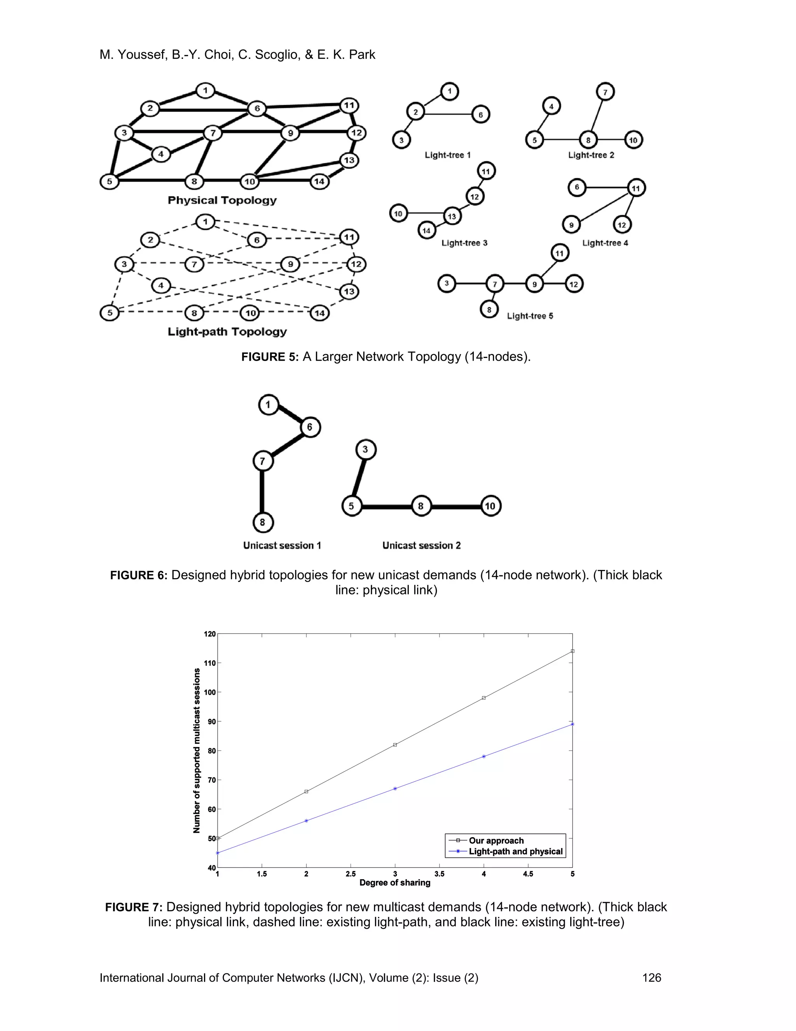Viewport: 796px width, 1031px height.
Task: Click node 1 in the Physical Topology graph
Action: pos(205,90)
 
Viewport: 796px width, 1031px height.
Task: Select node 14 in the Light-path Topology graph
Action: pos(320,312)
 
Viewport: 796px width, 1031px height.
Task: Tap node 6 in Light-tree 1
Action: pos(480,114)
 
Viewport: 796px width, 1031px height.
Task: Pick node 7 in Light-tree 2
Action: pos(605,91)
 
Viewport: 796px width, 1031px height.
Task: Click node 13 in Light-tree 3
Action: pos(452,216)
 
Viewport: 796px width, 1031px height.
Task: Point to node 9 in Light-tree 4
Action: pos(571,225)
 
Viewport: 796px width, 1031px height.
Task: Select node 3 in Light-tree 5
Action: pos(447,284)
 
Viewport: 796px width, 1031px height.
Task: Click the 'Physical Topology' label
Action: pos(222,200)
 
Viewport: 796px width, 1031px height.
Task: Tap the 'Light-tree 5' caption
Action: pos(530,316)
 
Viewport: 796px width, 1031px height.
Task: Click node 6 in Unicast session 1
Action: pos(310,427)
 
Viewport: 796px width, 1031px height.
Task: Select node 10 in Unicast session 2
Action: pos(491,506)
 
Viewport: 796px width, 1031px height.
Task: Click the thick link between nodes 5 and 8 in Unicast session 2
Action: pos(386,507)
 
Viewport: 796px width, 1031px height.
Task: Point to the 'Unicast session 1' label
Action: pos(282,545)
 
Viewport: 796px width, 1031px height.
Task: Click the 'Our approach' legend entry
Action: pos(496,840)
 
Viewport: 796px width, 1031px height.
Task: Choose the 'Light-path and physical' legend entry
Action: pos(515,851)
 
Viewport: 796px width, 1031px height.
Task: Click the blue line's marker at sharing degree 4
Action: pos(484,756)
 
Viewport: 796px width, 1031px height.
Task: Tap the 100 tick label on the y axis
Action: pos(210,692)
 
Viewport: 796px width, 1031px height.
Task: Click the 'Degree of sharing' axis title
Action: pos(395,882)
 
